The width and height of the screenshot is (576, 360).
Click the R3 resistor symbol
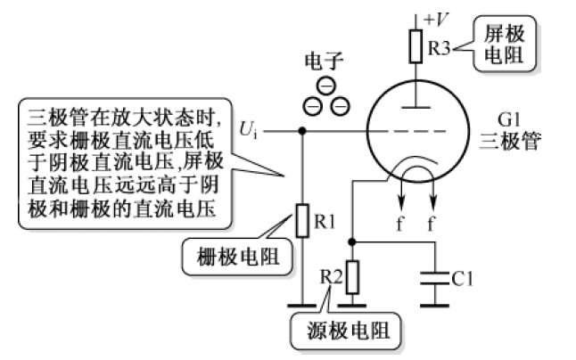(416, 45)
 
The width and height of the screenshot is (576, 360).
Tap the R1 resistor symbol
(302, 219)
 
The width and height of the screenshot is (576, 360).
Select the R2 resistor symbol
(354, 277)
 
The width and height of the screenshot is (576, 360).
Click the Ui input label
(249, 130)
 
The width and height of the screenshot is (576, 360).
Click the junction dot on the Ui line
(302, 130)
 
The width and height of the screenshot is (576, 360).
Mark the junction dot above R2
(354, 241)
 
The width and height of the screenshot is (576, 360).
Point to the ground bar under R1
(302, 306)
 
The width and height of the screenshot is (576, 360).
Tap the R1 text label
(326, 219)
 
